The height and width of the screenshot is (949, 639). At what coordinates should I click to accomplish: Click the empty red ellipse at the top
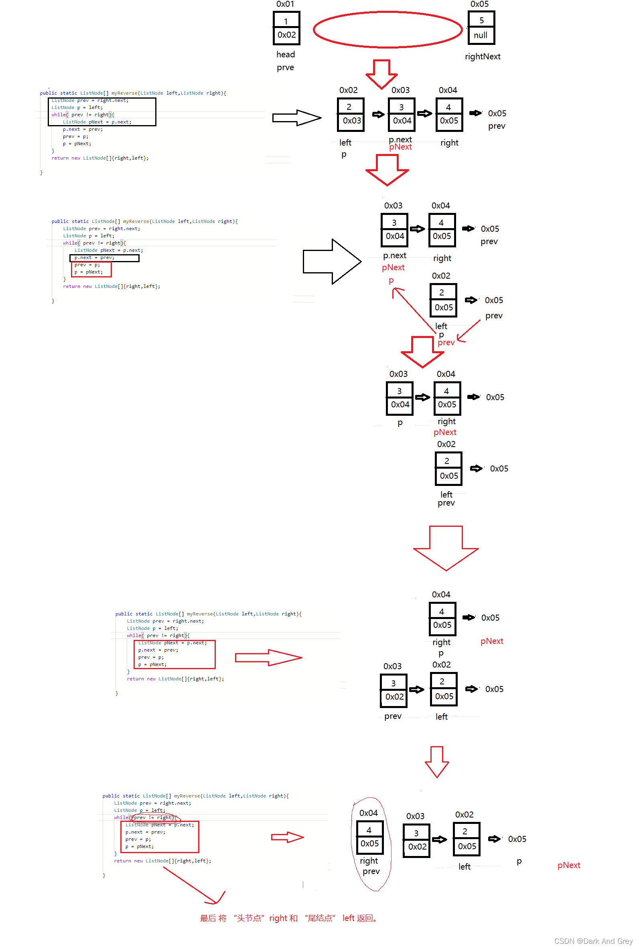[387, 29]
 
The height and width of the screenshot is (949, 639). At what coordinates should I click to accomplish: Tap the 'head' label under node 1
[285, 55]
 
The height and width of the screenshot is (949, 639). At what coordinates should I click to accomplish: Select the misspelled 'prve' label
[285, 68]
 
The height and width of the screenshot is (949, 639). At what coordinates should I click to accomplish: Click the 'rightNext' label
[483, 57]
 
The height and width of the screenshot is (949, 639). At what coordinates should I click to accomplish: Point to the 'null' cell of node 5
[481, 35]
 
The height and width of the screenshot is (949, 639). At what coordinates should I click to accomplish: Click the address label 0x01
[285, 4]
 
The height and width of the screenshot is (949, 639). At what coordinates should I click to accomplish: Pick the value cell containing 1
[286, 21]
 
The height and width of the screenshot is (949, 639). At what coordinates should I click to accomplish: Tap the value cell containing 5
[481, 20]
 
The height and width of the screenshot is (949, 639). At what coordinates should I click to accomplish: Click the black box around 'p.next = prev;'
[104, 258]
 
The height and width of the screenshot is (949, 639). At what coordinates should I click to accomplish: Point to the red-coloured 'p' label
[391, 280]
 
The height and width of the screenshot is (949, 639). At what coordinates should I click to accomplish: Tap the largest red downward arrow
[446, 547]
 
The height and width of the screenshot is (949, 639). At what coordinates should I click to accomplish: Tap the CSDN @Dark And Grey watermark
[593, 941]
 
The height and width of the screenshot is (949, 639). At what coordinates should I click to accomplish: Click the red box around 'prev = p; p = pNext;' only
[91, 269]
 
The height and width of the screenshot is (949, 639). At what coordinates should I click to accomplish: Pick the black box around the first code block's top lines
[102, 111]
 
